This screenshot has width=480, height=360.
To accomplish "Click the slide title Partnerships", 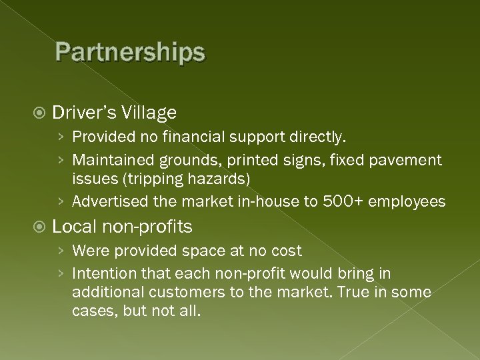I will [131, 52].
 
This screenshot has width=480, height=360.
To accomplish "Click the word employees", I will [408, 202].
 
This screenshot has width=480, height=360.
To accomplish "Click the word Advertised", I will [109, 201].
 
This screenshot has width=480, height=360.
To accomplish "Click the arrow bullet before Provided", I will [61, 138].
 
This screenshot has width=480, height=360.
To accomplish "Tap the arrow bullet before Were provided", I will [61, 252].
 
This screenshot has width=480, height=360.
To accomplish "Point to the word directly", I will [321, 137].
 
